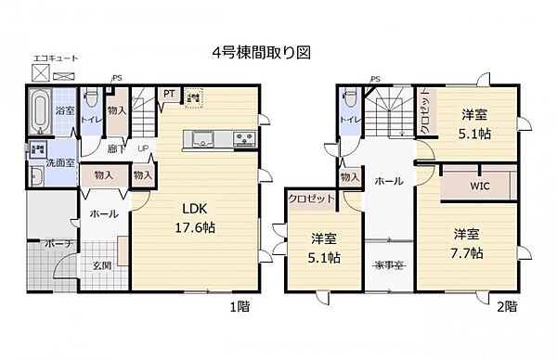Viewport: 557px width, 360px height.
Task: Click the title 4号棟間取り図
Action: (x=260, y=54)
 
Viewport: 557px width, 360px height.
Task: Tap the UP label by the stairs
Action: (x=145, y=148)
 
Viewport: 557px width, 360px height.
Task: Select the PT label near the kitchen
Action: (x=170, y=94)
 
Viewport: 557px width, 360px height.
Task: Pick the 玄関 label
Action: (x=99, y=267)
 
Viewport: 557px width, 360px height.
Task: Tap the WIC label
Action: (x=479, y=186)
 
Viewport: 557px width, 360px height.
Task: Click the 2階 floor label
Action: (x=507, y=304)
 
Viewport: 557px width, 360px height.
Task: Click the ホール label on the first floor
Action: (x=104, y=214)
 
